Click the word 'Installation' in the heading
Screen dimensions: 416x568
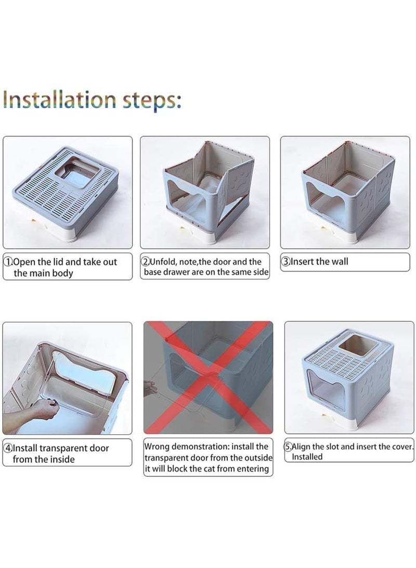pyautogui.click(x=60, y=99)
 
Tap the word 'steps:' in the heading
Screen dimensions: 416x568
pyautogui.click(x=151, y=100)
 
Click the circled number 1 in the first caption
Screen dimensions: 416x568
pyautogui.click(x=8, y=261)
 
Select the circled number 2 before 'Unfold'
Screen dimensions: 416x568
pyautogui.click(x=146, y=261)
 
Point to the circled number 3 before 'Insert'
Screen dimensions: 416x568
pyautogui.click(x=286, y=261)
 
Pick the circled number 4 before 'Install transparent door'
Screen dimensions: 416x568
pyautogui.click(x=8, y=448)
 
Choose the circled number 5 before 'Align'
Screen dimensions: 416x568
pyautogui.click(x=288, y=447)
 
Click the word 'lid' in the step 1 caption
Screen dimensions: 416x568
pyautogui.click(x=58, y=261)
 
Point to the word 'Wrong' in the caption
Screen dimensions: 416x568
pyautogui.click(x=157, y=447)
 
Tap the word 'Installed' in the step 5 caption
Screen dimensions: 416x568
pyautogui.click(x=307, y=457)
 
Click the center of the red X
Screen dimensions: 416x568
pyautogui.click(x=209, y=377)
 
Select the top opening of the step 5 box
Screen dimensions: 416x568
pyautogui.click(x=355, y=345)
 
